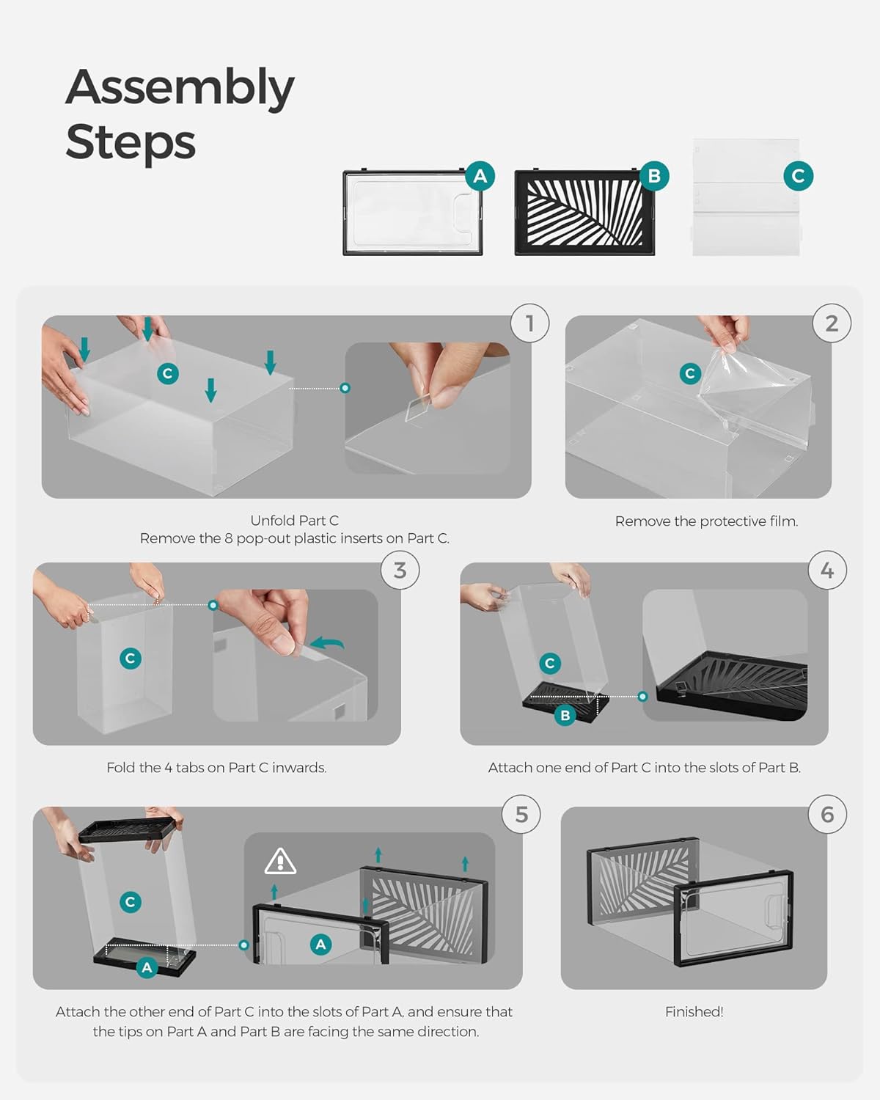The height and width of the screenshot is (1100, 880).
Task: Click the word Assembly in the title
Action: pyautogui.click(x=180, y=88)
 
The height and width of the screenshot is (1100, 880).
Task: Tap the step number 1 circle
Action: pyautogui.click(x=529, y=323)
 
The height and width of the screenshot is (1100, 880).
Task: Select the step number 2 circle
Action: pyautogui.click(x=832, y=323)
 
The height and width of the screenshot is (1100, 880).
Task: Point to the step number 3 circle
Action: pyautogui.click(x=400, y=570)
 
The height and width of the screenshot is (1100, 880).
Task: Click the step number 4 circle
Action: pyautogui.click(x=827, y=570)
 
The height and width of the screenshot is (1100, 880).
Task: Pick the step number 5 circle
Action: pyautogui.click(x=521, y=815)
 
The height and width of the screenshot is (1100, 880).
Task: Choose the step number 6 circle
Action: pyautogui.click(x=827, y=815)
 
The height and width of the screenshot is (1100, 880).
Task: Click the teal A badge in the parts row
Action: pyautogui.click(x=480, y=176)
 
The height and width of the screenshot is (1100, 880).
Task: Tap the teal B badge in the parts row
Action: pyautogui.click(x=654, y=176)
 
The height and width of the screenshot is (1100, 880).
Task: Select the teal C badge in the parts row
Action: pyautogui.click(x=798, y=176)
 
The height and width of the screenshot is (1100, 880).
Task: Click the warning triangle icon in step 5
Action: pyautogui.click(x=280, y=862)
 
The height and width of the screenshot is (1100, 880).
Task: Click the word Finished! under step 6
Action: pyautogui.click(x=694, y=1012)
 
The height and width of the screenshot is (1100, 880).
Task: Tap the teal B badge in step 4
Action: pyautogui.click(x=565, y=715)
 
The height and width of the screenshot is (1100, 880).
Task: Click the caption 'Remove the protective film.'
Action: pyautogui.click(x=706, y=521)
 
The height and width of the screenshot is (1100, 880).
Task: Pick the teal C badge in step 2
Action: pyautogui.click(x=689, y=373)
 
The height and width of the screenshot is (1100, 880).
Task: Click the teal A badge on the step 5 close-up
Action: pyautogui.click(x=320, y=945)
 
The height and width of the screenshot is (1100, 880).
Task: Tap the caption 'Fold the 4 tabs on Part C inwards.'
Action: pyautogui.click(x=216, y=768)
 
